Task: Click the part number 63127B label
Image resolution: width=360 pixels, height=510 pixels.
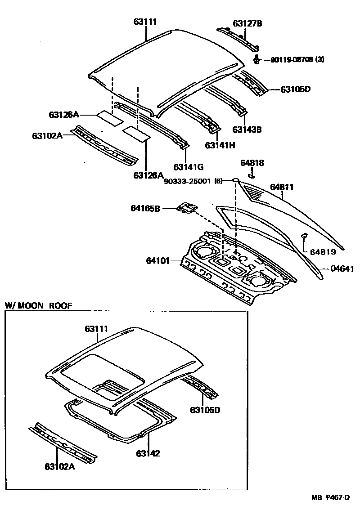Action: [247, 23]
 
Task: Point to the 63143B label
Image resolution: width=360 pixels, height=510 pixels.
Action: [247, 130]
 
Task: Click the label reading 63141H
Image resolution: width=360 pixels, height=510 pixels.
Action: [220, 145]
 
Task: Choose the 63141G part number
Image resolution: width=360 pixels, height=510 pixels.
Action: [189, 167]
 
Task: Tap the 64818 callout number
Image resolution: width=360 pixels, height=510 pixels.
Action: [252, 163]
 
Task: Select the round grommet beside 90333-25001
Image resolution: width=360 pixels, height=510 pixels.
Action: [235, 180]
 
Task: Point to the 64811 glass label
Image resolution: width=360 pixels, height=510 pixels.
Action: [282, 187]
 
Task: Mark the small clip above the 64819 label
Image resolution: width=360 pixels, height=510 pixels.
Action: [305, 236]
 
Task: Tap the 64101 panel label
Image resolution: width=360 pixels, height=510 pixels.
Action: [157, 260]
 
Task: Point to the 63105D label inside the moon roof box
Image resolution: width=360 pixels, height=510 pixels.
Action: [205, 410]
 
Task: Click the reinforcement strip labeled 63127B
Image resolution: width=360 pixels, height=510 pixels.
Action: [238, 37]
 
